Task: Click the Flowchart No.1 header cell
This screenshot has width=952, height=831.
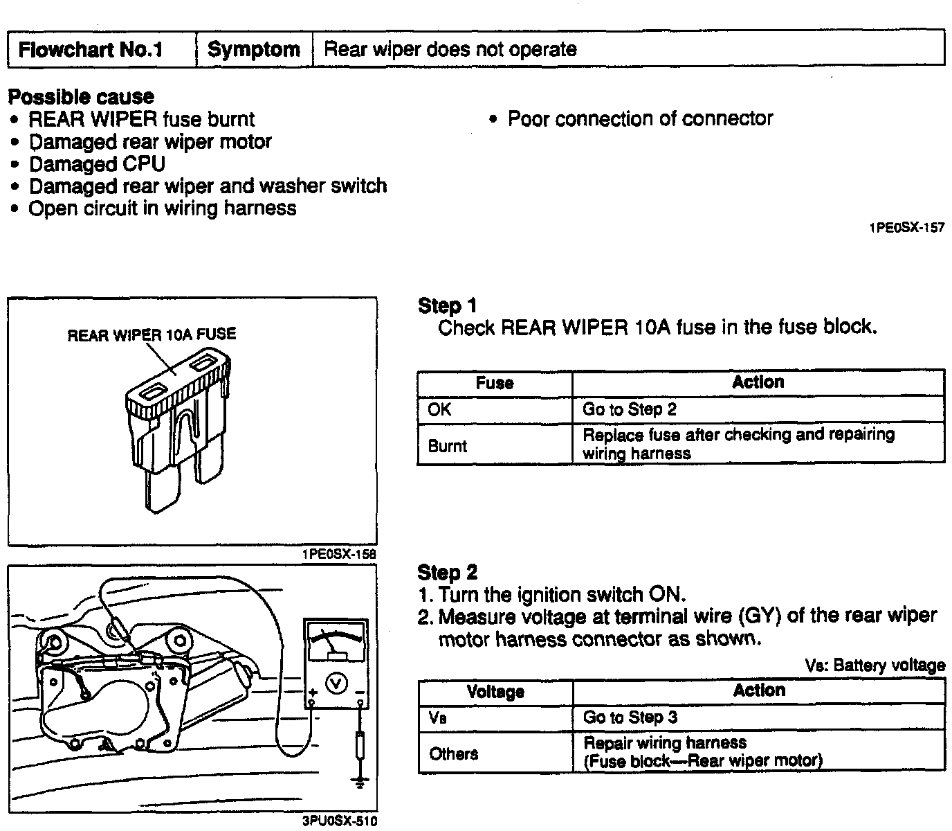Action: (102, 49)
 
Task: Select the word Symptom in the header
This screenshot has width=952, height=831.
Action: (254, 49)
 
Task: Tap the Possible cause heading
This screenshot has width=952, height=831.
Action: (81, 97)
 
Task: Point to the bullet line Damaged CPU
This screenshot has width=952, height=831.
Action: (98, 164)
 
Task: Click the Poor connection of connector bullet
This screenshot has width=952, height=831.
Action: (640, 118)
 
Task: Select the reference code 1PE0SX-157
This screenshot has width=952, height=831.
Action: (907, 228)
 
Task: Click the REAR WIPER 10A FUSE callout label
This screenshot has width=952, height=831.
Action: (152, 334)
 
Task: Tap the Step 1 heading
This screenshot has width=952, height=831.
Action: (447, 306)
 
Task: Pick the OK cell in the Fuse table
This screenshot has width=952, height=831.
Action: (495, 410)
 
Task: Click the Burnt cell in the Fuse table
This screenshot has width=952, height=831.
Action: (495, 445)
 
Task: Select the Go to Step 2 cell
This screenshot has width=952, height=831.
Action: (758, 409)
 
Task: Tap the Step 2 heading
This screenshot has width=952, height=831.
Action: (447, 573)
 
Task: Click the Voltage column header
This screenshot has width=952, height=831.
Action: (495, 692)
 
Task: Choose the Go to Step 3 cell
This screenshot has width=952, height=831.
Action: (759, 717)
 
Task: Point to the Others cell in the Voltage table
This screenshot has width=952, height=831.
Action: (495, 753)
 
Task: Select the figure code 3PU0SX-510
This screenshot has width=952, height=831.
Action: (340, 821)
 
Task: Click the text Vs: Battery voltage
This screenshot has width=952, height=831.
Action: (875, 665)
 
